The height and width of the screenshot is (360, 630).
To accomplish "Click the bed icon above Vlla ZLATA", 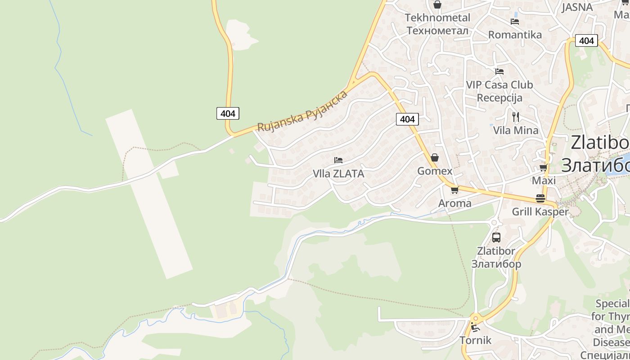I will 338,160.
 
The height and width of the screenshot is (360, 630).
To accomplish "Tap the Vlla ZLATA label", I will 338,174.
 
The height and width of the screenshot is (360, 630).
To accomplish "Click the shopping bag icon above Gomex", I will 435,157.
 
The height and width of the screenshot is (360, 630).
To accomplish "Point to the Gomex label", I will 435,171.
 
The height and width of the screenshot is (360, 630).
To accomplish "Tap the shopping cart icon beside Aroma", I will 454,190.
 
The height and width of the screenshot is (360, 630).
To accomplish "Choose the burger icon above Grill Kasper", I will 540,198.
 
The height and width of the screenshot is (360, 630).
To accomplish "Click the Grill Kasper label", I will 540,211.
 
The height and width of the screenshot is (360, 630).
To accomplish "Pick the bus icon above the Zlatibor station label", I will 496,238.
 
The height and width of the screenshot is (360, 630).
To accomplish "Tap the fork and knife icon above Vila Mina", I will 516,117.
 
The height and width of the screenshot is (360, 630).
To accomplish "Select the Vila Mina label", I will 516,130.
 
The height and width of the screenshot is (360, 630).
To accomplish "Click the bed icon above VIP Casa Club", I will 499,72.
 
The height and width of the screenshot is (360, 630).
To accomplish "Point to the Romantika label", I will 515,35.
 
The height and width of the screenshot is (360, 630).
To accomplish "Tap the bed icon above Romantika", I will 515,22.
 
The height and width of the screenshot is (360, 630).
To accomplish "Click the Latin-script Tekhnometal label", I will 437,18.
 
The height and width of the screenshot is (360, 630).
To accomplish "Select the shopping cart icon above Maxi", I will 544,168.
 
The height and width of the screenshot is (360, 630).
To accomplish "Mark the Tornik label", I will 476,340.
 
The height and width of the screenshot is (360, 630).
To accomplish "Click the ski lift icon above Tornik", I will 475,327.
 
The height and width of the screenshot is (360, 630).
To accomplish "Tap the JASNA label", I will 577,7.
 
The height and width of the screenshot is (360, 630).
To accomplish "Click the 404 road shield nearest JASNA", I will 586,41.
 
